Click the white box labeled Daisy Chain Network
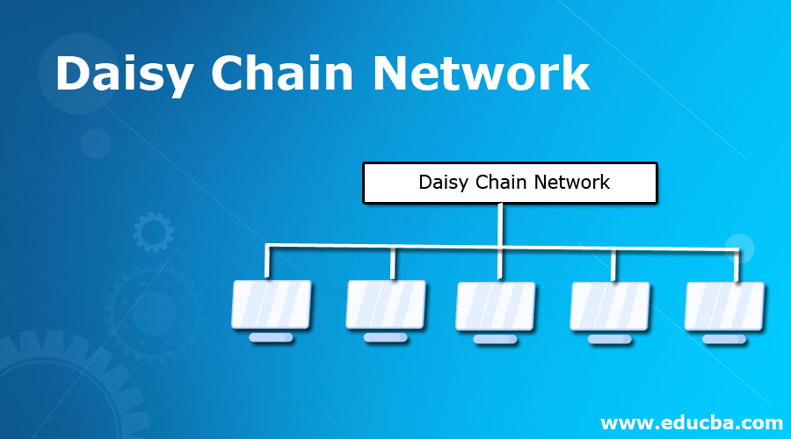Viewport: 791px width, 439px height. [510, 183]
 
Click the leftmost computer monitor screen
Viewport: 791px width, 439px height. [272, 304]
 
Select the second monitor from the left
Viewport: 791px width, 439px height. [386, 304]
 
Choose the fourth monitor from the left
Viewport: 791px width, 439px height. [610, 306]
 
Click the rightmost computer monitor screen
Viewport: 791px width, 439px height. [724, 306]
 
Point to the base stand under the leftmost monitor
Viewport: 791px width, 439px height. [272, 338]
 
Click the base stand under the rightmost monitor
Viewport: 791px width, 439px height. [724, 339]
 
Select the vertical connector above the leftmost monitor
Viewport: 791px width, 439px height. [268, 264]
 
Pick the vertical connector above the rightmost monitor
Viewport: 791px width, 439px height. [737, 266]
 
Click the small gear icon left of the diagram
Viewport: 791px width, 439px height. [153, 233]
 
